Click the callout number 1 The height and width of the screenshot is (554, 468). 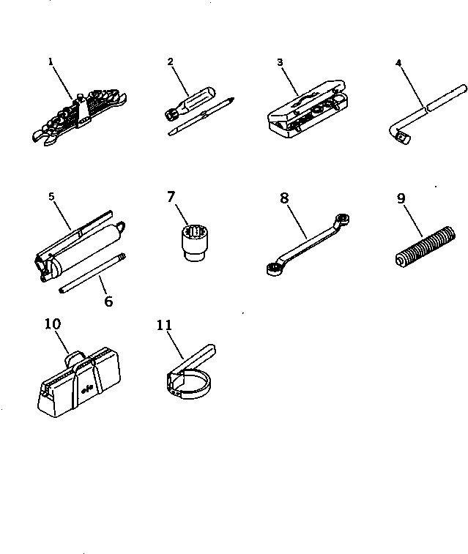click(51, 62)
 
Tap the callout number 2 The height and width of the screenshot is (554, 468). click(171, 62)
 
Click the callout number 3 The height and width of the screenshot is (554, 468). click(280, 62)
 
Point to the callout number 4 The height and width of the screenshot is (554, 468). click(399, 62)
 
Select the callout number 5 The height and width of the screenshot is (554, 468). click(51, 197)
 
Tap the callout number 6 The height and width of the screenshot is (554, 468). click(108, 301)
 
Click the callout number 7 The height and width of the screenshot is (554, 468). click(171, 197)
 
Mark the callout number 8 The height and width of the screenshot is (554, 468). click(285, 197)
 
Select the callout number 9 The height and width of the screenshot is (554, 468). click(401, 197)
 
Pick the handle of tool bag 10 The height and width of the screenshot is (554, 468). click(73, 358)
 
